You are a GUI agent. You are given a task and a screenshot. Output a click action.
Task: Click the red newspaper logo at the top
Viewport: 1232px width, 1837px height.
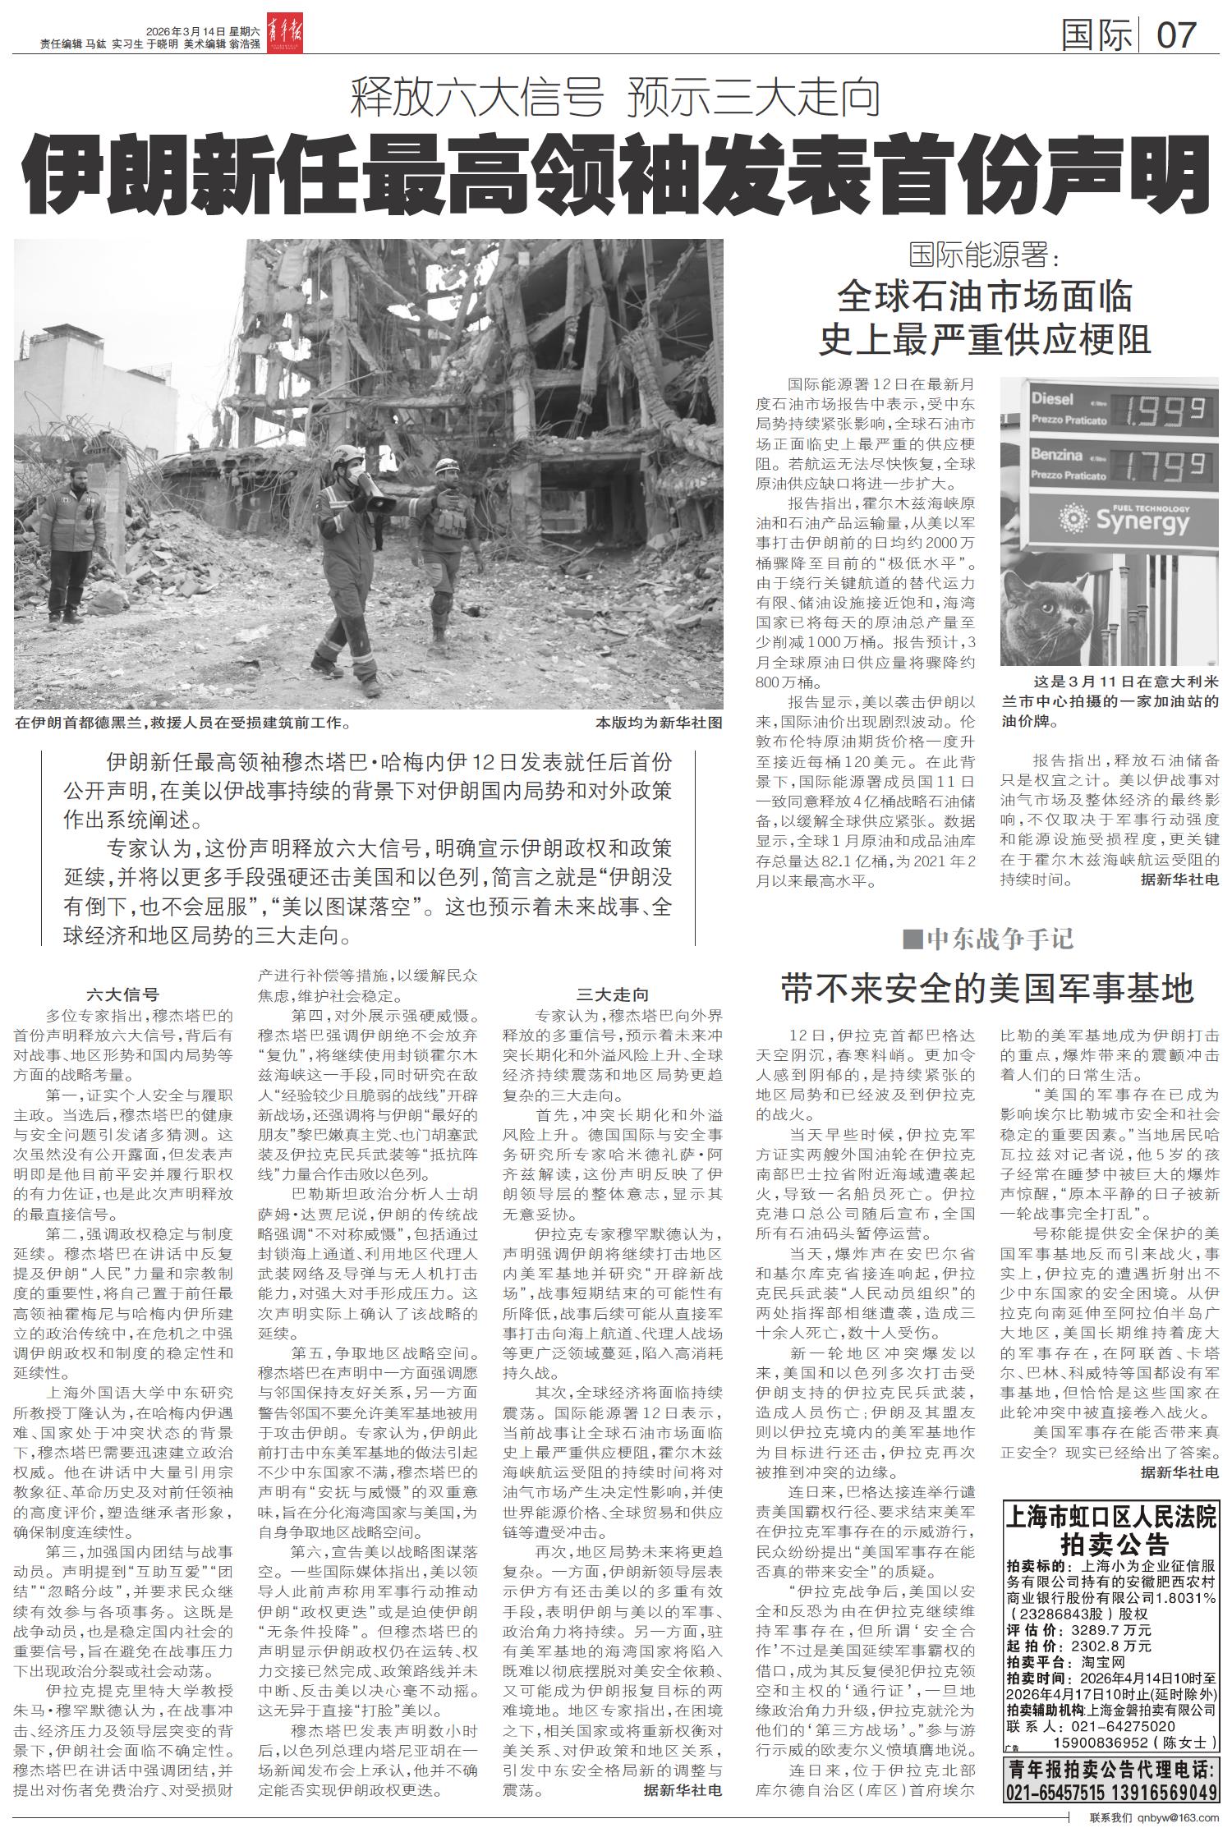point(283,35)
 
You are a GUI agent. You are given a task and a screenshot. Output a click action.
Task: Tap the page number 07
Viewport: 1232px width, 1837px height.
point(1177,35)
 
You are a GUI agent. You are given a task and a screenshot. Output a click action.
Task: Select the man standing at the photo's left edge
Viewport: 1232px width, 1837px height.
point(70,542)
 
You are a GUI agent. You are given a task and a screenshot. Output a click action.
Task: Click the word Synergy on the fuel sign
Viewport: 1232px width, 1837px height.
point(1142,521)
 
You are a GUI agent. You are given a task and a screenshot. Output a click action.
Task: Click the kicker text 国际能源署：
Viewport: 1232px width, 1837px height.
point(985,255)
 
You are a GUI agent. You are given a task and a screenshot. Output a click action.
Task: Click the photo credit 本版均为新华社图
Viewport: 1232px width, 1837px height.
point(659,723)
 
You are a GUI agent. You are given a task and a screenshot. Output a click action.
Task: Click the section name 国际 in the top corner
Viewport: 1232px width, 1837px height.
point(1096,35)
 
